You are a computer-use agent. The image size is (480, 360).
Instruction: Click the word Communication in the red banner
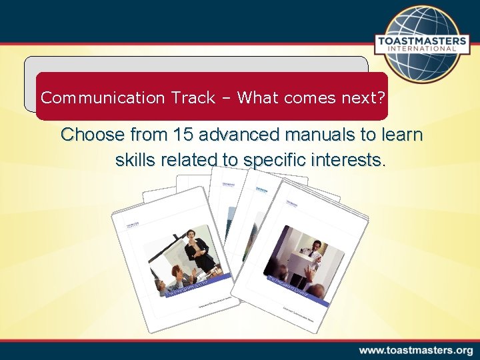pos(103,98)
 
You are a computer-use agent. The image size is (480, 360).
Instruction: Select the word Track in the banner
pos(193,98)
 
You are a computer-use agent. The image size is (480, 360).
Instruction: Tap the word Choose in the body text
pos(92,135)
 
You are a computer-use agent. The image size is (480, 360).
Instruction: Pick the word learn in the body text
pos(401,135)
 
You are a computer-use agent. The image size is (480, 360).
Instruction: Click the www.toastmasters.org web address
pos(416,350)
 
